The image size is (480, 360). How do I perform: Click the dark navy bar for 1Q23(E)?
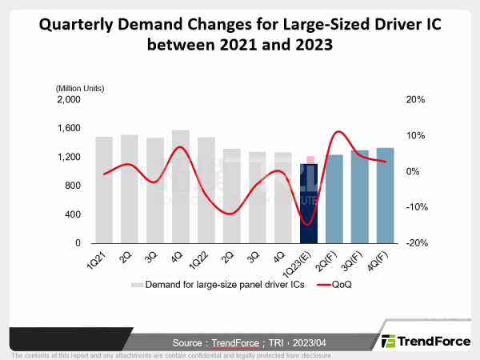[x=309, y=204]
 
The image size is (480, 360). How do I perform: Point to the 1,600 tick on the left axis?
[x=68, y=128]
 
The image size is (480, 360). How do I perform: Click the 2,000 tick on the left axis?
[x=68, y=99]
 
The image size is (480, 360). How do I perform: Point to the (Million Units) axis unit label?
[x=80, y=87]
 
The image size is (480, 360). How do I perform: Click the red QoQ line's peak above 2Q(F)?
[x=338, y=131]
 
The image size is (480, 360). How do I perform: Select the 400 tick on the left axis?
[x=73, y=214]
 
